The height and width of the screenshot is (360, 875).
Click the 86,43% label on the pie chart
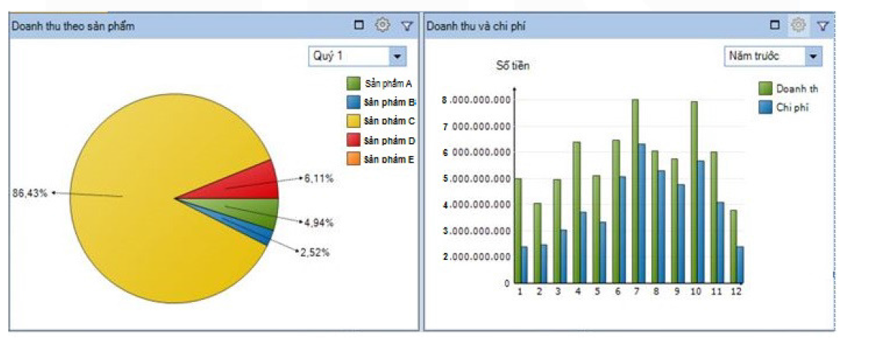(x=30, y=194)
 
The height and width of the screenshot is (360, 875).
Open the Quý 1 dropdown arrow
(x=397, y=56)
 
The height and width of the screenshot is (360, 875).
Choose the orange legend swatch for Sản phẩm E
(x=352, y=159)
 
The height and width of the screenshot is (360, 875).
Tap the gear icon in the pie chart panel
(x=383, y=26)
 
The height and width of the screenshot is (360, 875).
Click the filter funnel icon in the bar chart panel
(x=823, y=26)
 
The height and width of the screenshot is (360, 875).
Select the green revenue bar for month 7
(x=635, y=191)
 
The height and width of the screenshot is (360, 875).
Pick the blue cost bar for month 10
(x=700, y=221)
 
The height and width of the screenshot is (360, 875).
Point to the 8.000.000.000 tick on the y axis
(x=477, y=100)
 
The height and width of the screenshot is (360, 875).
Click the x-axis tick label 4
(x=578, y=291)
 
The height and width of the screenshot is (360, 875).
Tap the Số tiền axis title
(x=512, y=66)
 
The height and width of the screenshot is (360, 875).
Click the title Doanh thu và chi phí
(x=477, y=26)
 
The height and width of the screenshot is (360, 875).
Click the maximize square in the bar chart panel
(x=775, y=26)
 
